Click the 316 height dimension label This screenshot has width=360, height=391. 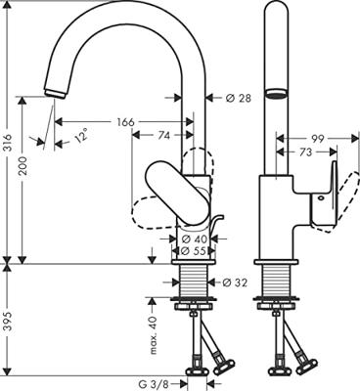[x=9, y=143]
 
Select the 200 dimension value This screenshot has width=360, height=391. [x=23, y=166]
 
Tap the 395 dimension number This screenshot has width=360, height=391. [x=9, y=322]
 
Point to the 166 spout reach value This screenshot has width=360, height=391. [x=125, y=122]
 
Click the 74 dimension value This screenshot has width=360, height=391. [x=164, y=135]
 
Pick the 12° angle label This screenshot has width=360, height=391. [x=81, y=134]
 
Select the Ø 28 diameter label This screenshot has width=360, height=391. [x=239, y=98]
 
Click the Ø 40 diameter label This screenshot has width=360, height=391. [x=195, y=239]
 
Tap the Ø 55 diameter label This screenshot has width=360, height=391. [x=195, y=251]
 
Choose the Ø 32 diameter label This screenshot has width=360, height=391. [x=235, y=282]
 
